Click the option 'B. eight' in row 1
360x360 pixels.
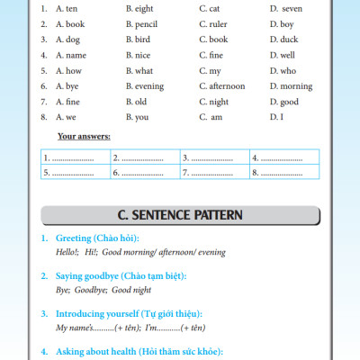139,8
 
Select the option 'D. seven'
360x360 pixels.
285,8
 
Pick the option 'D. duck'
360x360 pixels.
283,40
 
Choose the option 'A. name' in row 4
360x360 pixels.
71,55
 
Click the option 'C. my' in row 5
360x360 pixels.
210,70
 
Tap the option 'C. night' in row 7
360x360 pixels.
215,102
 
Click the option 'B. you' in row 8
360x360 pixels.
137,117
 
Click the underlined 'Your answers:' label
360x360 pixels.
84,136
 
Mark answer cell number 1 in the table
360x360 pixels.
74,157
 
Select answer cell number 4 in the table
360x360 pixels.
283,157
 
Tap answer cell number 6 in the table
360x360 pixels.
144,171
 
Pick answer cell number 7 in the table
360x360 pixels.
213,171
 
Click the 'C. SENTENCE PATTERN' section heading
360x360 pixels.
180,215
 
